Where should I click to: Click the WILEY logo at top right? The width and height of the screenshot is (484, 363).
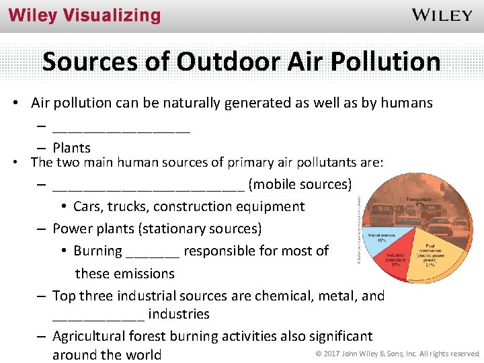[x=442, y=15]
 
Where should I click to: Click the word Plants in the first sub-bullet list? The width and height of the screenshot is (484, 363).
[x=71, y=148]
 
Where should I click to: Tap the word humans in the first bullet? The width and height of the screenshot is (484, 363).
[x=407, y=103]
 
